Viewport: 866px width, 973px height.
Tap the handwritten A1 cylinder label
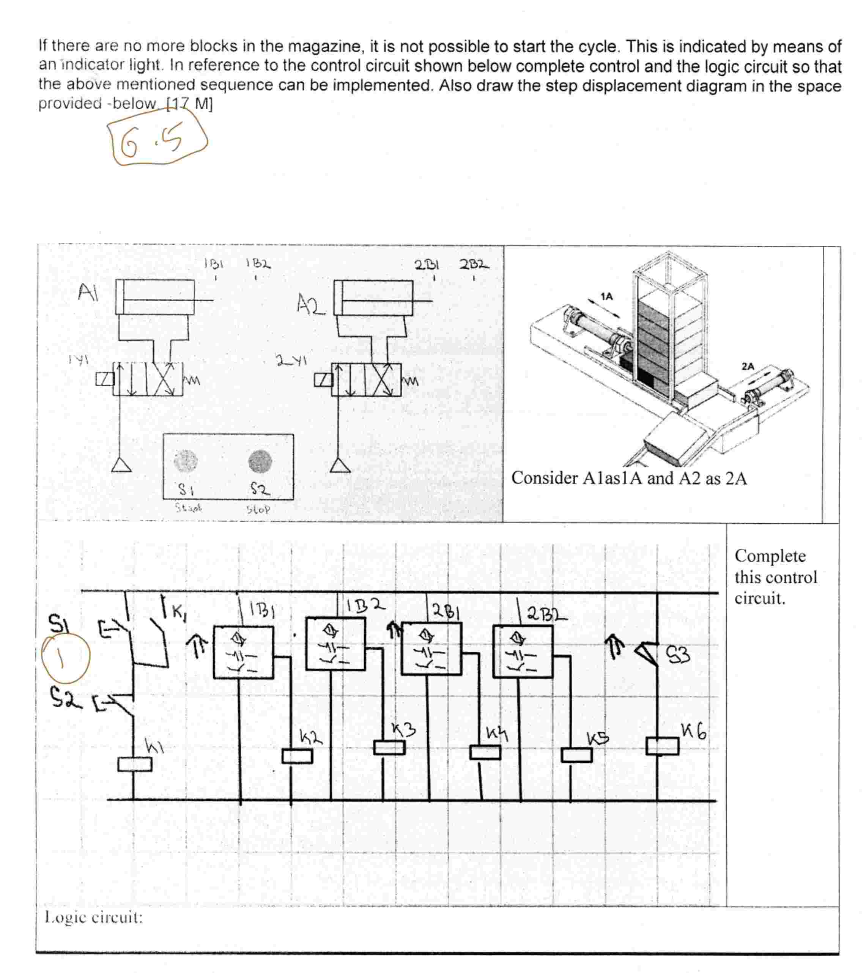(88, 292)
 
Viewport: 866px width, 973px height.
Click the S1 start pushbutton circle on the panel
(185, 460)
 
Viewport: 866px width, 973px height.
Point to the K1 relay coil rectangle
(135, 764)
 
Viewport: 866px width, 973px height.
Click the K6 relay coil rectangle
(662, 746)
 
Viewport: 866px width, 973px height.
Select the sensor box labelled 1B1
(243, 652)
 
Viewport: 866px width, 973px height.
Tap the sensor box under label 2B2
(523, 651)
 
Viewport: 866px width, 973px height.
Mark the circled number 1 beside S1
(65, 658)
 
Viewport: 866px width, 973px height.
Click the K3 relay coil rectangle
(389, 747)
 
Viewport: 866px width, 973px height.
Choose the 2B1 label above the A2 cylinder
(427, 265)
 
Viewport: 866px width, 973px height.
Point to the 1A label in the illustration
(606, 296)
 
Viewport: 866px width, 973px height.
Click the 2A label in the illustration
(748, 367)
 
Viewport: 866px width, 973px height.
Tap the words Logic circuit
(93, 917)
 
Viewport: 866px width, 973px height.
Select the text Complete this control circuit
(775, 577)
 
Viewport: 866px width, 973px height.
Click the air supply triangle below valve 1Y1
(121, 464)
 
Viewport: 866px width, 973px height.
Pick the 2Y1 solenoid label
(291, 361)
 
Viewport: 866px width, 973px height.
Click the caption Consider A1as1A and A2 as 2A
(628, 478)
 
